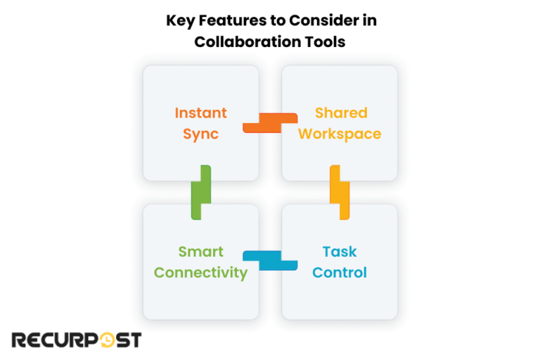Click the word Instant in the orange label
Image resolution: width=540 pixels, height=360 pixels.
click(200, 113)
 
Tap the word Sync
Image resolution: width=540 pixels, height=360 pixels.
click(200, 134)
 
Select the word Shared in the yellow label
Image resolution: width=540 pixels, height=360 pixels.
click(341, 113)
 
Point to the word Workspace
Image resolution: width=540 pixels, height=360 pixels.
click(340, 134)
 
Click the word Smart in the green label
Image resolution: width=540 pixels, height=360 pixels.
click(200, 252)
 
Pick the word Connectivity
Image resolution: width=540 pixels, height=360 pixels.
click(200, 273)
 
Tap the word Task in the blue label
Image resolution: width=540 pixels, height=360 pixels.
click(340, 252)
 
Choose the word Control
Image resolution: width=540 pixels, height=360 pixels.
click(340, 273)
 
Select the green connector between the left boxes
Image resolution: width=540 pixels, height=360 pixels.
click(201, 192)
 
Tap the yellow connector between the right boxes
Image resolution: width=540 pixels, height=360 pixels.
click(340, 192)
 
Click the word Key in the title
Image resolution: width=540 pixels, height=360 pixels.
click(179, 20)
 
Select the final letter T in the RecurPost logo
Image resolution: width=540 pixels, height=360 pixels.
click(134, 340)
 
